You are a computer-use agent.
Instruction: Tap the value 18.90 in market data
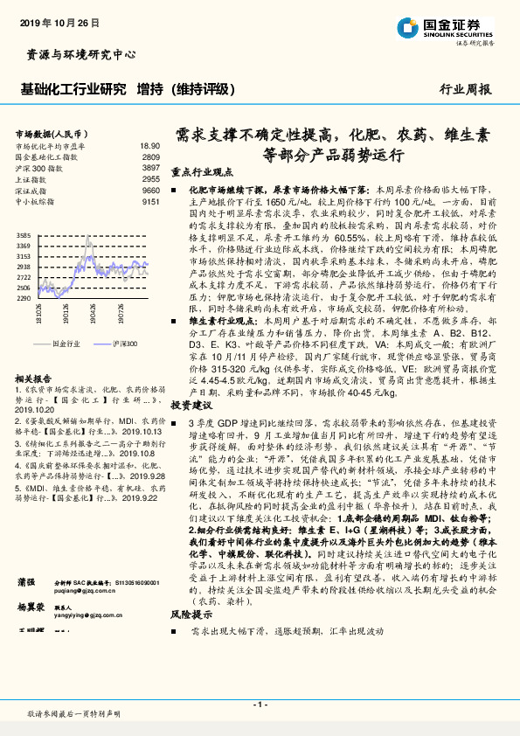click(x=149, y=146)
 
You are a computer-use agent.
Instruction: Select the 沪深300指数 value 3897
click(x=150, y=167)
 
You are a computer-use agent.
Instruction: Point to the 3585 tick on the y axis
click(x=23, y=236)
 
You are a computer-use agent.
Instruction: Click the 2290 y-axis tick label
click(x=23, y=298)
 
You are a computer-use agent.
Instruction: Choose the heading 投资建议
click(x=191, y=406)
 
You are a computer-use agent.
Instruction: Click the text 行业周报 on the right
click(x=464, y=89)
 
